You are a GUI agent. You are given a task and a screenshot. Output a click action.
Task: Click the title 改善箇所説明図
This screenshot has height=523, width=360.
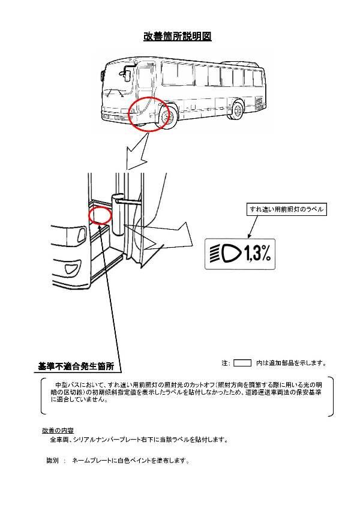pos(177,37)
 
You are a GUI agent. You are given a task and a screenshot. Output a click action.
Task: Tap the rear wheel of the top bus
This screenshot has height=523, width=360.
pos(238,110)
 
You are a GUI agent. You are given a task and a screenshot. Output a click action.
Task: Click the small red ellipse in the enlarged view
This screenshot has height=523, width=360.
pos(100,215)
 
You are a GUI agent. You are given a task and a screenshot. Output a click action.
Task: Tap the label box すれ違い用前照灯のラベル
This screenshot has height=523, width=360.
pos(287,210)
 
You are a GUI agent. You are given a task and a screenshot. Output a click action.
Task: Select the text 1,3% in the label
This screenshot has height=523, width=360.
pos(257,255)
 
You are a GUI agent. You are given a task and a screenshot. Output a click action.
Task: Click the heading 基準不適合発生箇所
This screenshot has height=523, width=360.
pos(76,366)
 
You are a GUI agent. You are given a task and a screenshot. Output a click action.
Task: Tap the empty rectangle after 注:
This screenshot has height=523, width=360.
pos(242,363)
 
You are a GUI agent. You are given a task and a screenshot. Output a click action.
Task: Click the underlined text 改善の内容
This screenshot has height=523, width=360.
pos(58,431)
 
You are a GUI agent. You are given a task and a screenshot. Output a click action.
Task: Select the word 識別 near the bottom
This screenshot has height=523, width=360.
pos(52,461)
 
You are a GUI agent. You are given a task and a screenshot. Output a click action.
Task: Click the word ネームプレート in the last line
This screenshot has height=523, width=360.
pos(91,461)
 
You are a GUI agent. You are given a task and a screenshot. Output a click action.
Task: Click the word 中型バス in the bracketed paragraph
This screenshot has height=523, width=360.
pos(65,384)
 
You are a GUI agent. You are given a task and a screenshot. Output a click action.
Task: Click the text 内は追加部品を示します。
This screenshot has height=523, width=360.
pos(291,363)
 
